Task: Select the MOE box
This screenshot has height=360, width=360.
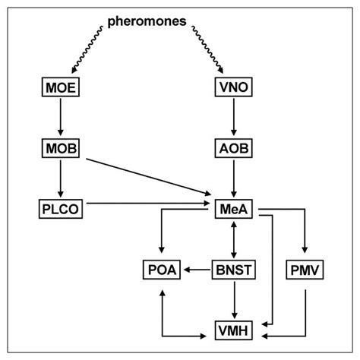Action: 60,88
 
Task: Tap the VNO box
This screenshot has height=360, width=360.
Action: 234,88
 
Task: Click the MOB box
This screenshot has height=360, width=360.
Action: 60,147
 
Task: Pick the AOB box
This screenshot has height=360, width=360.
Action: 234,147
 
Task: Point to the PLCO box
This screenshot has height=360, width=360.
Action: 60,206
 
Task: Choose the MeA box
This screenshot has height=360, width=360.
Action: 234,206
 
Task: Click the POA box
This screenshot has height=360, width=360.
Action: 161,269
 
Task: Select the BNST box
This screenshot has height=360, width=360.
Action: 234,269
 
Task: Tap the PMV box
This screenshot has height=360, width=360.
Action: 305,269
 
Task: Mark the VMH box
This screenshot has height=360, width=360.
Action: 234,331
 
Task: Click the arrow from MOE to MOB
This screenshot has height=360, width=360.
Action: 60,117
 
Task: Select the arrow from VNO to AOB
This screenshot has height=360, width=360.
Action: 234,117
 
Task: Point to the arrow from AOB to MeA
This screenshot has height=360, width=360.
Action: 234,176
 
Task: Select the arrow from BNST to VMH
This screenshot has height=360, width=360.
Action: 234,300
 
